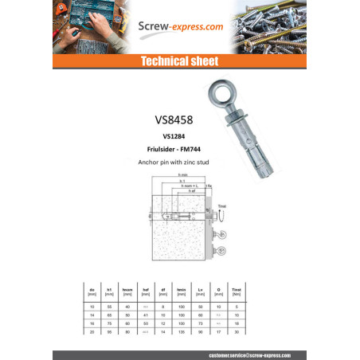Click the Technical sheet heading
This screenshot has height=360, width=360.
pos(179,61)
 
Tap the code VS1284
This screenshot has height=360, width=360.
pos(179,136)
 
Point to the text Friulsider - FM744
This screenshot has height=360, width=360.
pos(179,149)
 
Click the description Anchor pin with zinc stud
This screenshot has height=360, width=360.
pos(179,162)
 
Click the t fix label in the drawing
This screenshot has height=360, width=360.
pos(208,186)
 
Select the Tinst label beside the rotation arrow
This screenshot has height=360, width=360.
pos(223,205)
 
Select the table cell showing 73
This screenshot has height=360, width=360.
pos(200,324)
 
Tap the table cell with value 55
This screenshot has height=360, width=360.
pos(108,307)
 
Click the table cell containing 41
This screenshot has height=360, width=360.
pos(145,315)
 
